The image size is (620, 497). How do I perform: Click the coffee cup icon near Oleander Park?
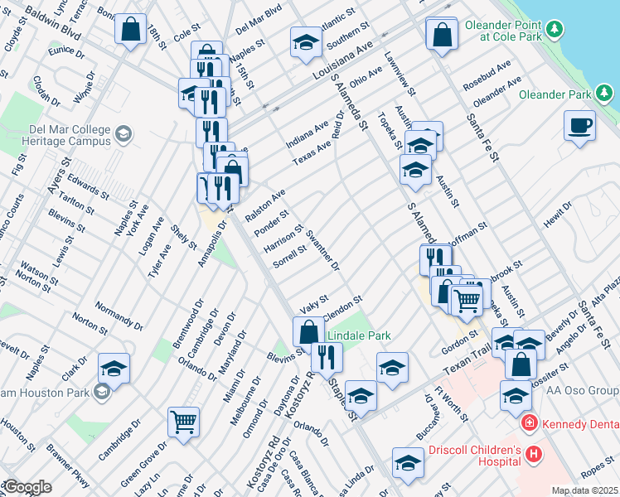pyautogui.click(x=579, y=127)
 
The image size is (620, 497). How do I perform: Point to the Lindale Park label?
pyautogui.click(x=358, y=335)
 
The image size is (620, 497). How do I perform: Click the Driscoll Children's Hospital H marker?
pyautogui.click(x=533, y=454)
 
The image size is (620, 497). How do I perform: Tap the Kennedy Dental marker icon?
pyautogui.click(x=528, y=423)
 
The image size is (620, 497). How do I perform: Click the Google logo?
pyautogui.click(x=27, y=487)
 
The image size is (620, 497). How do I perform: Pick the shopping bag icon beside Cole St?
pyautogui.click(x=131, y=30)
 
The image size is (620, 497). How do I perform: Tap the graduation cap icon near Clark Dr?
pyautogui.click(x=114, y=368)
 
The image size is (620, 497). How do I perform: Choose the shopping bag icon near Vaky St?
pyautogui.click(x=308, y=331)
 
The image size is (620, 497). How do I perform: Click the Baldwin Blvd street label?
pyautogui.click(x=53, y=25)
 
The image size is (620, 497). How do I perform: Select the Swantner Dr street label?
pyautogui.click(x=322, y=251)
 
